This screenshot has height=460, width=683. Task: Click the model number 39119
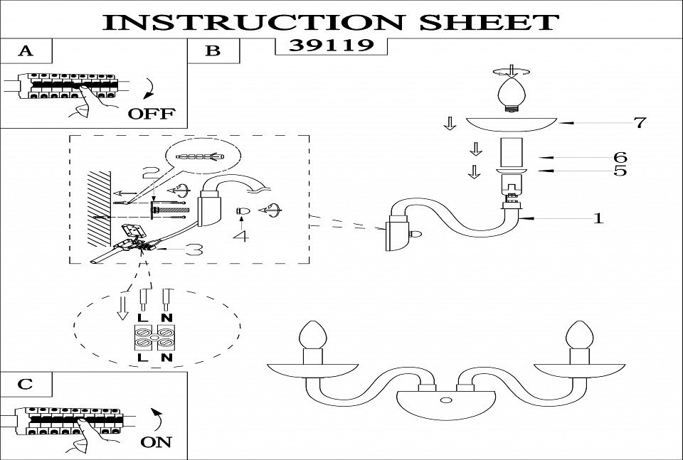330,46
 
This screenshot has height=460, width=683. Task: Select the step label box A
26,51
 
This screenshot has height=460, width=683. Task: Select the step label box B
212,51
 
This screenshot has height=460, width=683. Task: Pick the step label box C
26,384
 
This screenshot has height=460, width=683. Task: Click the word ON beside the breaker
156,442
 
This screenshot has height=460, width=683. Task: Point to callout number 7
640,122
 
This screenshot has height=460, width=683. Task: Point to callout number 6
620,157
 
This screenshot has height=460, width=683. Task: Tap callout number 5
620,171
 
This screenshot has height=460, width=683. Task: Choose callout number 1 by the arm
598,218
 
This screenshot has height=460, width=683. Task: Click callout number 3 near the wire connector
194,249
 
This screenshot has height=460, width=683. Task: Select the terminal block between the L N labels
155,342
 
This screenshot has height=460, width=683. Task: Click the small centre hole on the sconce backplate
446,401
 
